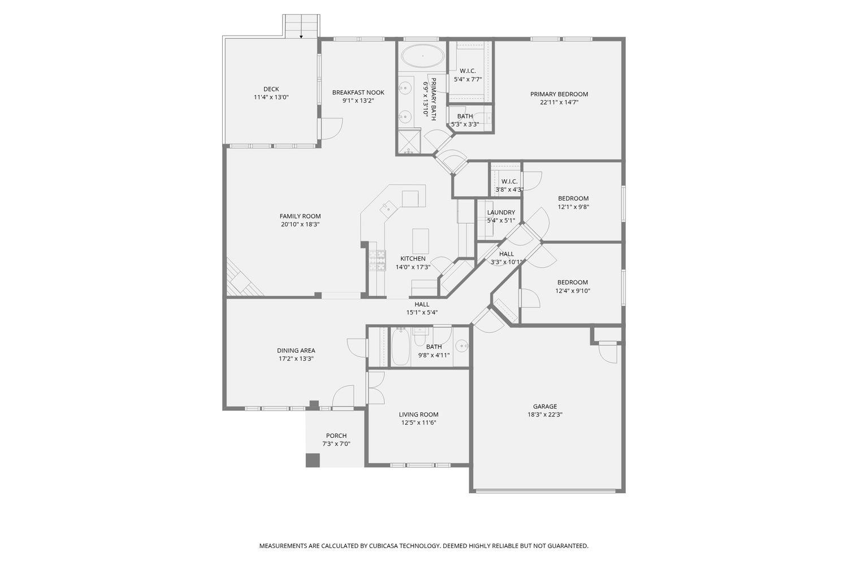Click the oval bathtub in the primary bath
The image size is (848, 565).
[x=422, y=56]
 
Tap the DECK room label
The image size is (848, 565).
[x=271, y=89]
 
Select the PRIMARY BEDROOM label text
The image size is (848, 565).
[x=559, y=94]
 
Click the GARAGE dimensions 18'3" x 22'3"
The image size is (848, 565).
[x=544, y=415]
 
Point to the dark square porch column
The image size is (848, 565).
[x=313, y=460]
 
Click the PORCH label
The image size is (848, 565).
[x=336, y=436]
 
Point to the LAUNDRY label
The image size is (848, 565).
[x=501, y=212]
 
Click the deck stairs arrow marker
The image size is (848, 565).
[x=301, y=36]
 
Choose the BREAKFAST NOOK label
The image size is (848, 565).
[x=358, y=92]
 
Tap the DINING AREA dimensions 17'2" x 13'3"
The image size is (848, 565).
[x=296, y=359]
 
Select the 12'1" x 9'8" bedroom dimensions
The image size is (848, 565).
[x=573, y=207]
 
